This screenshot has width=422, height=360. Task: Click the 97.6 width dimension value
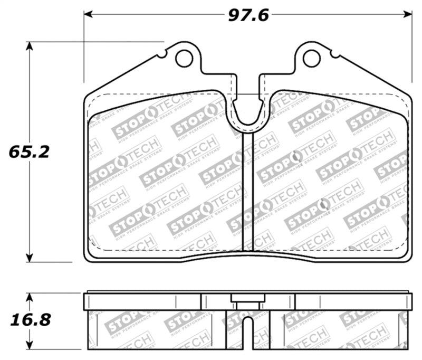pyautogui.click(x=248, y=15)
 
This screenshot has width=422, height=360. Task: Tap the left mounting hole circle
pyautogui.click(x=184, y=58)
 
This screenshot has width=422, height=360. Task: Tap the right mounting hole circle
pyautogui.click(x=311, y=58)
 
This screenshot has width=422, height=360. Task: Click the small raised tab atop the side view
pyautogui.click(x=247, y=298)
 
